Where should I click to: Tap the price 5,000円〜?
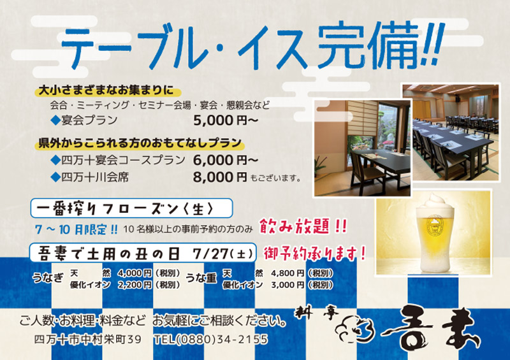click(226, 120)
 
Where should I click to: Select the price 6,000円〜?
click(226, 160)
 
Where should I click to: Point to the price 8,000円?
click(220, 177)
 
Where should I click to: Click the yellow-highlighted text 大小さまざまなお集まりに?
click(106, 90)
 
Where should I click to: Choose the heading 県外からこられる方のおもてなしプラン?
click(140, 143)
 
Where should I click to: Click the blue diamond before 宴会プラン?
click(55, 120)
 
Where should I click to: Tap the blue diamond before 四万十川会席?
click(55, 177)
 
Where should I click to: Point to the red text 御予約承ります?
click(314, 254)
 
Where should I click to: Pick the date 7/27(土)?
click(223, 254)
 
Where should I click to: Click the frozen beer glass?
click(435, 233)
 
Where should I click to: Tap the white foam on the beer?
click(435, 204)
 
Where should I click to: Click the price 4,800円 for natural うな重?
click(288, 273)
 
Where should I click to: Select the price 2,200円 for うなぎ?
click(135, 285)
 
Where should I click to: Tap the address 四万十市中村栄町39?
click(88, 340)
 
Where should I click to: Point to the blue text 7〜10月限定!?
click(76, 229)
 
